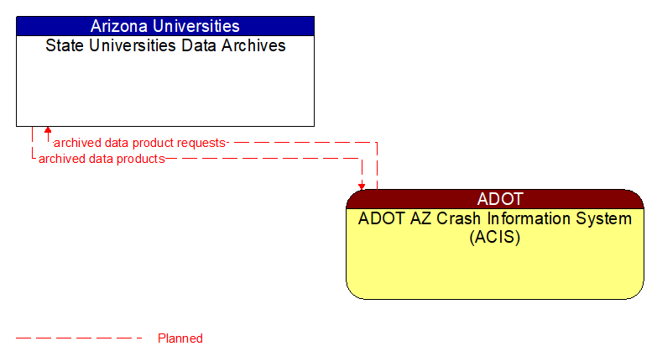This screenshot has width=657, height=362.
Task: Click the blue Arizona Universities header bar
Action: (x=164, y=26)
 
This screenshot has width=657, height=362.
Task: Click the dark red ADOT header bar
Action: (x=495, y=199)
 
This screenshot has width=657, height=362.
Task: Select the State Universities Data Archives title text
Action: (x=165, y=45)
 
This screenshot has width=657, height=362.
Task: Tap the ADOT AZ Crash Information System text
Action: (x=495, y=218)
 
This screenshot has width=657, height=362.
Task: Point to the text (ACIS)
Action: (x=495, y=237)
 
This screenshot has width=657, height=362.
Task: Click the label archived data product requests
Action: (x=139, y=143)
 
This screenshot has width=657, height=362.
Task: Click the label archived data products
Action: (x=102, y=159)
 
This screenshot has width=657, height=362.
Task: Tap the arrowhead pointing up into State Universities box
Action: (x=48, y=131)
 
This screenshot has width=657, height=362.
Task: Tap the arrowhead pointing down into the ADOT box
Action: (x=362, y=186)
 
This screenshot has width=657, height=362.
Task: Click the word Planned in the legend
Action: (x=180, y=338)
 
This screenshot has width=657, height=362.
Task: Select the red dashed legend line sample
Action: (x=80, y=338)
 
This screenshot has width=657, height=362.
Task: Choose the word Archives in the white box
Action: (x=254, y=45)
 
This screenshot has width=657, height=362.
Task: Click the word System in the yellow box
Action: (x=602, y=218)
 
